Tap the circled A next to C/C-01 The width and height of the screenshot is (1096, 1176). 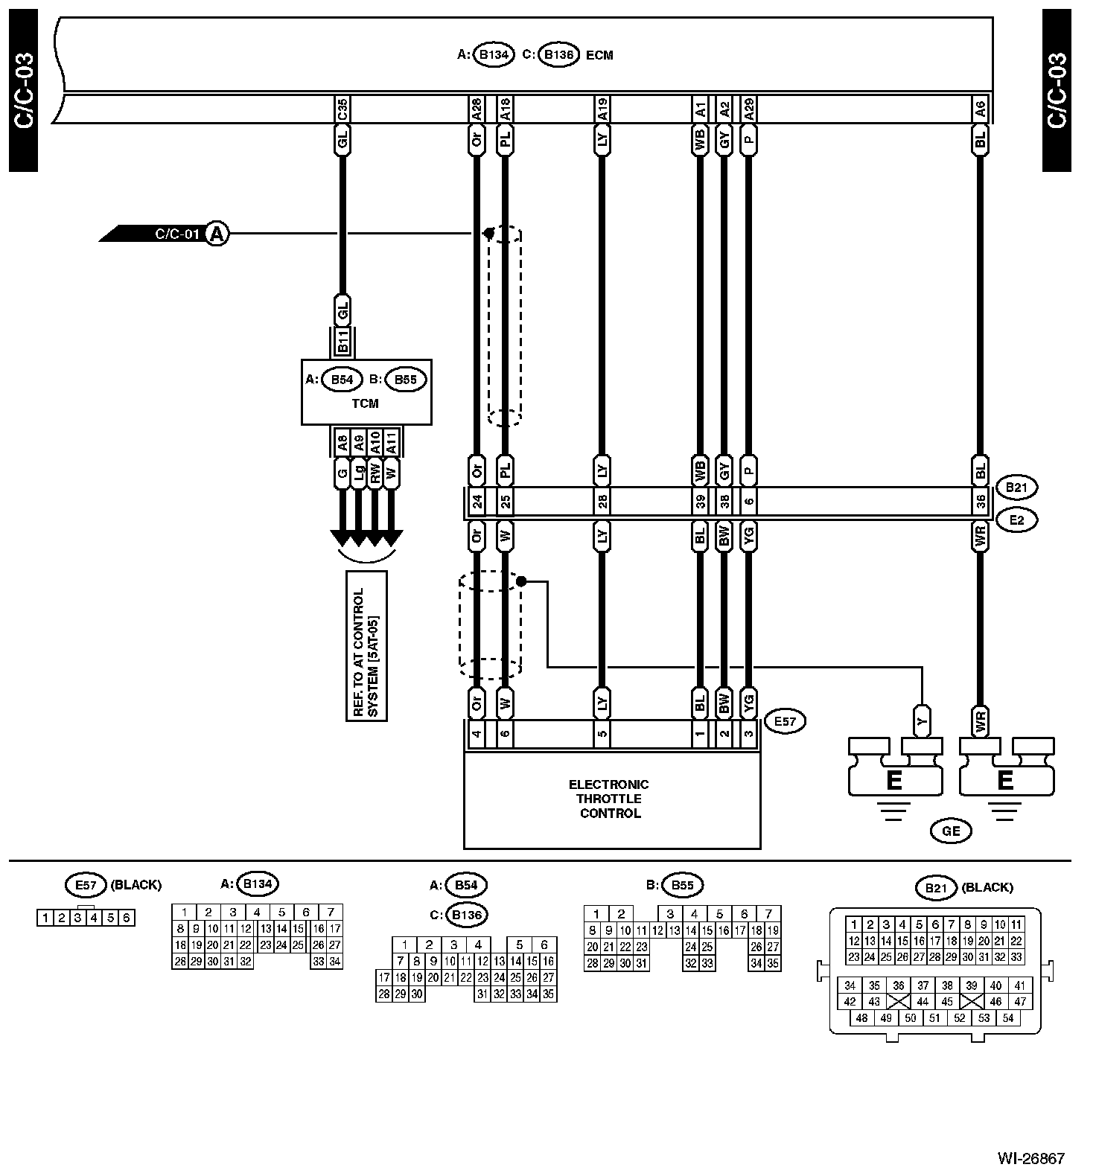[217, 234]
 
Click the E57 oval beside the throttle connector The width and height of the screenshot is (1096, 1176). [785, 720]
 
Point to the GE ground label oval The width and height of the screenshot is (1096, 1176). [951, 831]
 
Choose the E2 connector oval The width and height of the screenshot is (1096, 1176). [1016, 520]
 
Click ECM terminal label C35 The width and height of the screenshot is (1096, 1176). [342, 109]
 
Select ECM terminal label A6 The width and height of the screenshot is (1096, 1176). [980, 109]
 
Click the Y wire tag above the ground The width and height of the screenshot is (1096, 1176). [922, 720]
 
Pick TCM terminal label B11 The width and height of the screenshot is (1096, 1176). [342, 345]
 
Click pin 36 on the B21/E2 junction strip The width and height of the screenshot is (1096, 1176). [980, 502]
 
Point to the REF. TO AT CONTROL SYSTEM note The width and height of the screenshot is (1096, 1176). [366, 645]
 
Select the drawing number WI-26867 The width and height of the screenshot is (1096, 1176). [1031, 1159]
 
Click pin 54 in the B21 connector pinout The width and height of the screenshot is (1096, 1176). [1008, 1018]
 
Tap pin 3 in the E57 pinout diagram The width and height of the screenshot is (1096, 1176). [77, 918]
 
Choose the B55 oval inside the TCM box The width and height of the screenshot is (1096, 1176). [405, 380]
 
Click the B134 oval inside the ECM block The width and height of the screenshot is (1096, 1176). [494, 54]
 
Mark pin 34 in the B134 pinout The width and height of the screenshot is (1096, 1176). [334, 961]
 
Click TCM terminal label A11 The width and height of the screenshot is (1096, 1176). [392, 444]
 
